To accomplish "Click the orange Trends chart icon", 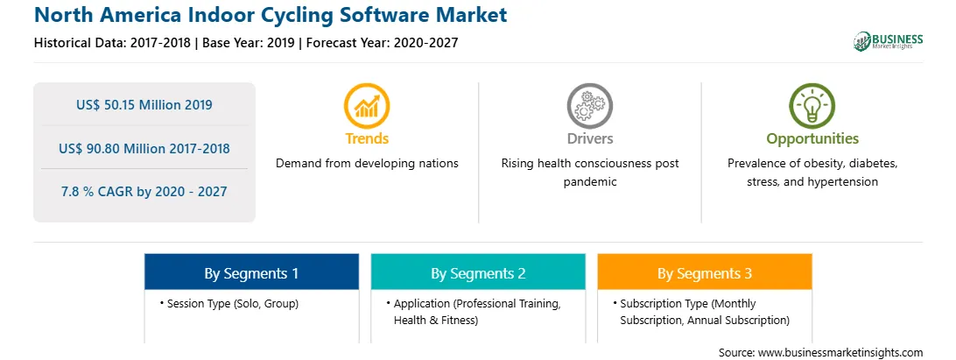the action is [367, 106].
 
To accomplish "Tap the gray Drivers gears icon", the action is [589, 106].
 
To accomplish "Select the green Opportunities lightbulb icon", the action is [812, 106].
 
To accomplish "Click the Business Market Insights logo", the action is [889, 41].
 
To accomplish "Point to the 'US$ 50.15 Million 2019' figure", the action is [144, 104].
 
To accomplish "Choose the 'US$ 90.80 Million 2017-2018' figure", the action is [144, 148].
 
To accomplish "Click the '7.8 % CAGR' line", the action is [144, 192].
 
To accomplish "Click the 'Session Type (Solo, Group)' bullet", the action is [229, 303].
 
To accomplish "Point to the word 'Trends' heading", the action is [367, 138].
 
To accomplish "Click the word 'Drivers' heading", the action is [590, 138].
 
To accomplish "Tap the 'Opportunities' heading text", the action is [812, 139].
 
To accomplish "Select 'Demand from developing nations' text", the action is [367, 164].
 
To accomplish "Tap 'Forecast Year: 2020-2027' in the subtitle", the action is [378, 43].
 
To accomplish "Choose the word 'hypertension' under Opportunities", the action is [842, 182].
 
